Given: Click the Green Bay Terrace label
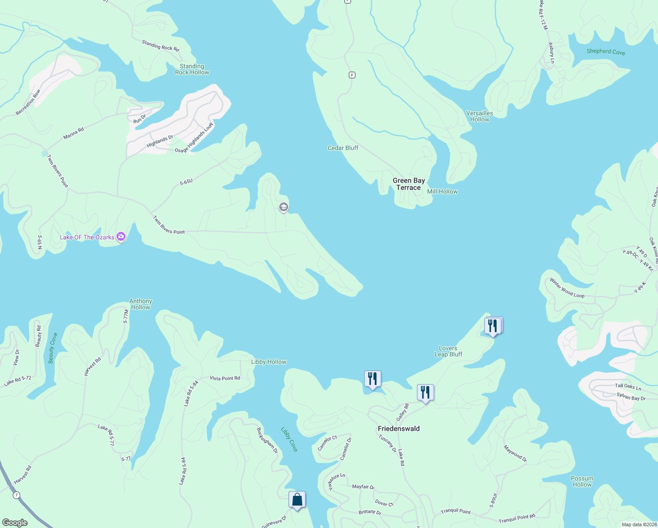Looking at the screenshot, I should (x=409, y=184).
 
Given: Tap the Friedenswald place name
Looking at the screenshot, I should (x=398, y=429).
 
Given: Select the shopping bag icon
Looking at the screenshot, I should (x=297, y=500).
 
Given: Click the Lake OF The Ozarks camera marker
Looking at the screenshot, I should (x=121, y=237).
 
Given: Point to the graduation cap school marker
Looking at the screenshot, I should (x=283, y=207).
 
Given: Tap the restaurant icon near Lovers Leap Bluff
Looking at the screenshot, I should (x=493, y=326).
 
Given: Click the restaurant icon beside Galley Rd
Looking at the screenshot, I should (x=425, y=392).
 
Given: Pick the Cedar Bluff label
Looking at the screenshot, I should (x=343, y=148).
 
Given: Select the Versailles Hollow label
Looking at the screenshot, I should (x=479, y=116).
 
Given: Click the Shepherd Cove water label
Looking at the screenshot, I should (x=606, y=51).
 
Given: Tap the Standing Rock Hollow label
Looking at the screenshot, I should (x=192, y=70).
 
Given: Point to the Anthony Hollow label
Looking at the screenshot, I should (x=141, y=304).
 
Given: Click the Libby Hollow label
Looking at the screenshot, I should (x=268, y=362).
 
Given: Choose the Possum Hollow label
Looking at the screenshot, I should (x=582, y=481).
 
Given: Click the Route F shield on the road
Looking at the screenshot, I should (x=352, y=75).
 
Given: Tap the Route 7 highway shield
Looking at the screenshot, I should (x=16, y=495).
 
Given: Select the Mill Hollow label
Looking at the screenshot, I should (x=442, y=191).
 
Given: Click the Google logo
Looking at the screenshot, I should (x=15, y=522).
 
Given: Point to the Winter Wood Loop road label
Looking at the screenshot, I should (x=567, y=288).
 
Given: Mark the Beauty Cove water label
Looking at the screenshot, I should (x=53, y=348).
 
